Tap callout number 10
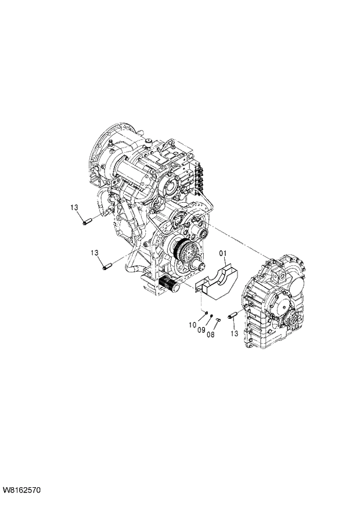pos(192,326)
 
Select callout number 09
pos(201,330)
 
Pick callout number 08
pos(210,334)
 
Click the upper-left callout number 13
pos(75,207)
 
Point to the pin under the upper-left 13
pos(88,221)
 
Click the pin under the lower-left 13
pos(107,267)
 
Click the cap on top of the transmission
pos(147,142)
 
